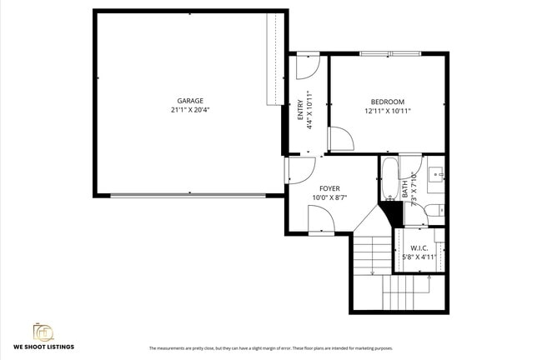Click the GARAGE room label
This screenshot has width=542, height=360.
[189, 101]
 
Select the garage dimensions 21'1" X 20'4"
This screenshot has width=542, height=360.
[189, 110]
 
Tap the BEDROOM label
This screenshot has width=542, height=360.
[388, 102]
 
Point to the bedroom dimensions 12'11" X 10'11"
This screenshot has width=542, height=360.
[388, 111]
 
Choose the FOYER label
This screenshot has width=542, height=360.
[329, 188]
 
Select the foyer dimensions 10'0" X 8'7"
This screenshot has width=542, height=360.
[329, 197]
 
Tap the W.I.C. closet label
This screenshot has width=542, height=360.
[419, 248]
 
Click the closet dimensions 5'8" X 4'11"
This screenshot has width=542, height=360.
[419, 257]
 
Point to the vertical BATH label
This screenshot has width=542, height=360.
[405, 188]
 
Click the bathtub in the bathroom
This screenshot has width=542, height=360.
[389, 179]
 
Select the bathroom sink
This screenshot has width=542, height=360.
[436, 176]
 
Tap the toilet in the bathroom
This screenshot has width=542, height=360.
[434, 210]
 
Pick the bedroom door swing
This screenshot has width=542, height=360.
[340, 139]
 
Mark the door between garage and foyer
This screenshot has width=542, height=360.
[299, 170]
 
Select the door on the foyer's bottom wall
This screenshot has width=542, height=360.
[321, 220]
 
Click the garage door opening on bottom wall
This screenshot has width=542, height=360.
[188, 195]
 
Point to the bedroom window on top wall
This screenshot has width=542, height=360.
[390, 54]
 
